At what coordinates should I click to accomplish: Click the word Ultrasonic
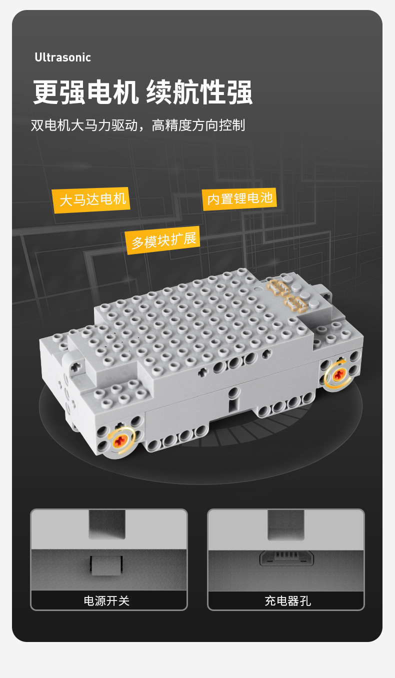tap(62, 57)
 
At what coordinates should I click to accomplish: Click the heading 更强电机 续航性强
tap(142, 92)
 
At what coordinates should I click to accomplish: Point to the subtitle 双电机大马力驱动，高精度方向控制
tap(138, 125)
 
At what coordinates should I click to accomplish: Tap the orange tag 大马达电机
tap(91, 200)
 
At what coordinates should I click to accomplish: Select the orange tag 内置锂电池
tap(239, 199)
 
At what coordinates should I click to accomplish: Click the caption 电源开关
tap(106, 600)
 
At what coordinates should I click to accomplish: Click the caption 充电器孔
tap(287, 600)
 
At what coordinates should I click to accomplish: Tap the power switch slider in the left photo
tap(106, 565)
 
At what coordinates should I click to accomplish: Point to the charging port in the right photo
tap(286, 558)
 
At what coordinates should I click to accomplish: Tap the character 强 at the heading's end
tap(239, 92)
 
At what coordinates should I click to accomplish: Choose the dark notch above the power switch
tap(107, 524)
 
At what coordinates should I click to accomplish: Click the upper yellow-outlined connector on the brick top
tap(278, 288)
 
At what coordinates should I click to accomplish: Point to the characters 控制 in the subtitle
tap(232, 125)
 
